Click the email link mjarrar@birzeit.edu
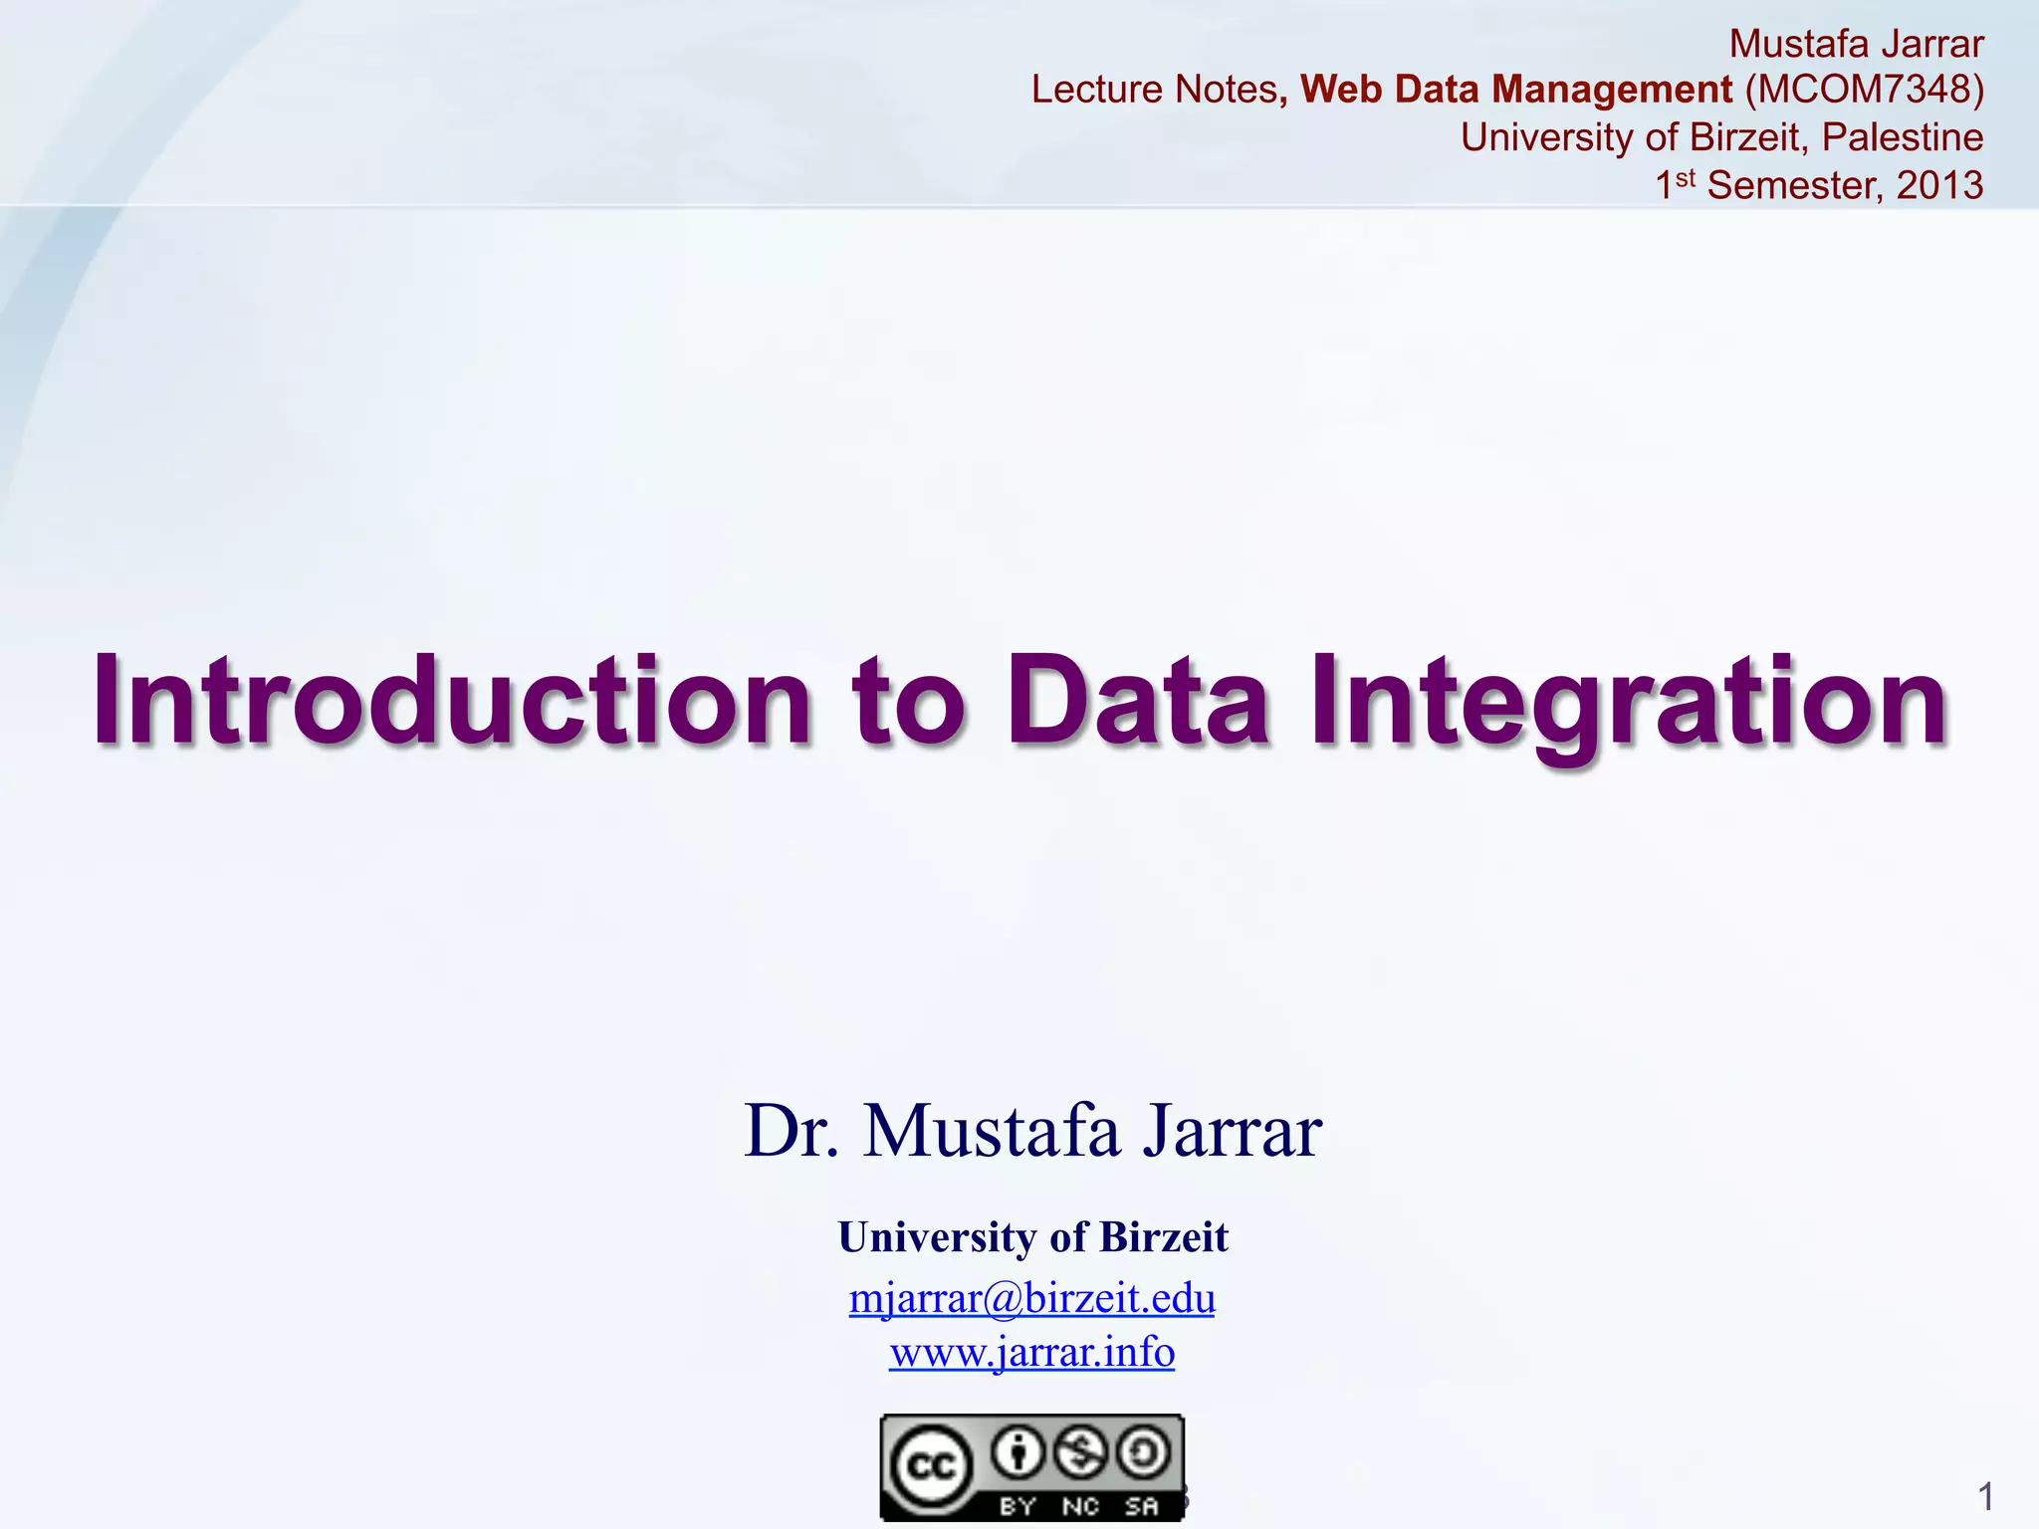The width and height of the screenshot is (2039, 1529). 1031,1298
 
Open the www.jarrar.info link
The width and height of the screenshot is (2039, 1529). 1031,1352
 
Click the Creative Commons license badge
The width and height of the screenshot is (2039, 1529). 1031,1466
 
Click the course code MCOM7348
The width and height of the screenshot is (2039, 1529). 1864,90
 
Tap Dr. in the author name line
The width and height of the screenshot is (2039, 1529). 792,1132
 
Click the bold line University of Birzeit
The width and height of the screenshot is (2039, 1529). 1032,1237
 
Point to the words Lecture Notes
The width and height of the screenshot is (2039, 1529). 1154,90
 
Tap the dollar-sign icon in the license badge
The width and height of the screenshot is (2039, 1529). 1080,1453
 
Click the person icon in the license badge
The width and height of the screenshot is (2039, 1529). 1018,1453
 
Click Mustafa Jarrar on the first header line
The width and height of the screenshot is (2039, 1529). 1856,44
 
